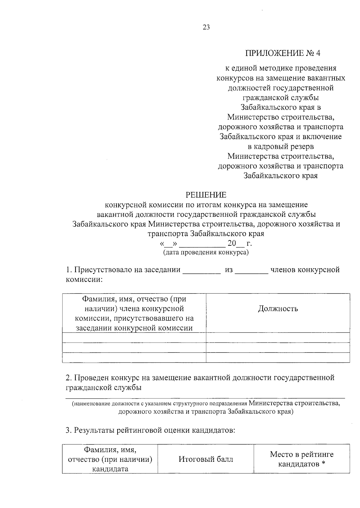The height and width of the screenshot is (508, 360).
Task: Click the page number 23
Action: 206,28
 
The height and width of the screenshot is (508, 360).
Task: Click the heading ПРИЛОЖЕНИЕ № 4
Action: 283,53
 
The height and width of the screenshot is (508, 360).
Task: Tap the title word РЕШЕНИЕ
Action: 206,195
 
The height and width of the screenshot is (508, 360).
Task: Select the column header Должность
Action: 278,309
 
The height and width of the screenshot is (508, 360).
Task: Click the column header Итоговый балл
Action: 206,459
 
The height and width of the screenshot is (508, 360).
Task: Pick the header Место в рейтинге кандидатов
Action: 301,459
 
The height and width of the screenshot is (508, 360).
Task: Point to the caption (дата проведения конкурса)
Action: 206,252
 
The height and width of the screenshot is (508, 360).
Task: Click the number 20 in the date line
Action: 232,243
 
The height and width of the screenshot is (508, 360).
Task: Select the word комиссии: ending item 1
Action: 84,280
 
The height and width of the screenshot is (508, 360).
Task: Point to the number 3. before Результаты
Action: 69,431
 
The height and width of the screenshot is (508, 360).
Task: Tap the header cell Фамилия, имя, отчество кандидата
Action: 110,459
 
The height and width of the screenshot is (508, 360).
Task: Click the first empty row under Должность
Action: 278,338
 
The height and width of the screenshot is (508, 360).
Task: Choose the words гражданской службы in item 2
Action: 103,387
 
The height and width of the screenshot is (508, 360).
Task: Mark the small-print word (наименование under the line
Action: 89,404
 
